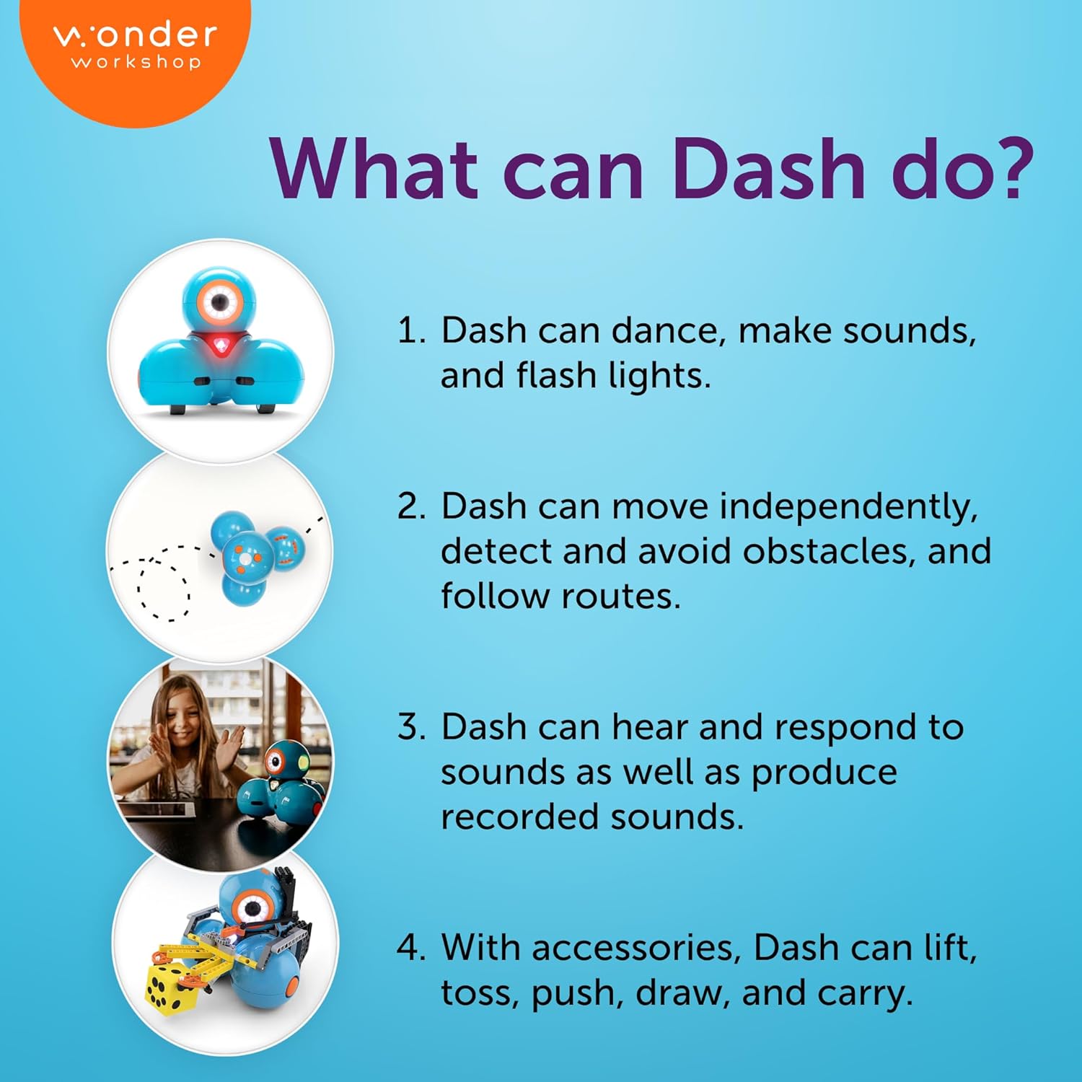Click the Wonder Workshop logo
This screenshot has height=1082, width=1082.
[x=136, y=47]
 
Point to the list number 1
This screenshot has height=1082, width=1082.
[x=411, y=330]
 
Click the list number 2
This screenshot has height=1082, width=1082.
[x=411, y=506]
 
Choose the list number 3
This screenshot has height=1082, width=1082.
[x=411, y=726]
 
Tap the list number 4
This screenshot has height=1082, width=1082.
[x=411, y=947]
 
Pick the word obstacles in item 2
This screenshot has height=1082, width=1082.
[x=830, y=551]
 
